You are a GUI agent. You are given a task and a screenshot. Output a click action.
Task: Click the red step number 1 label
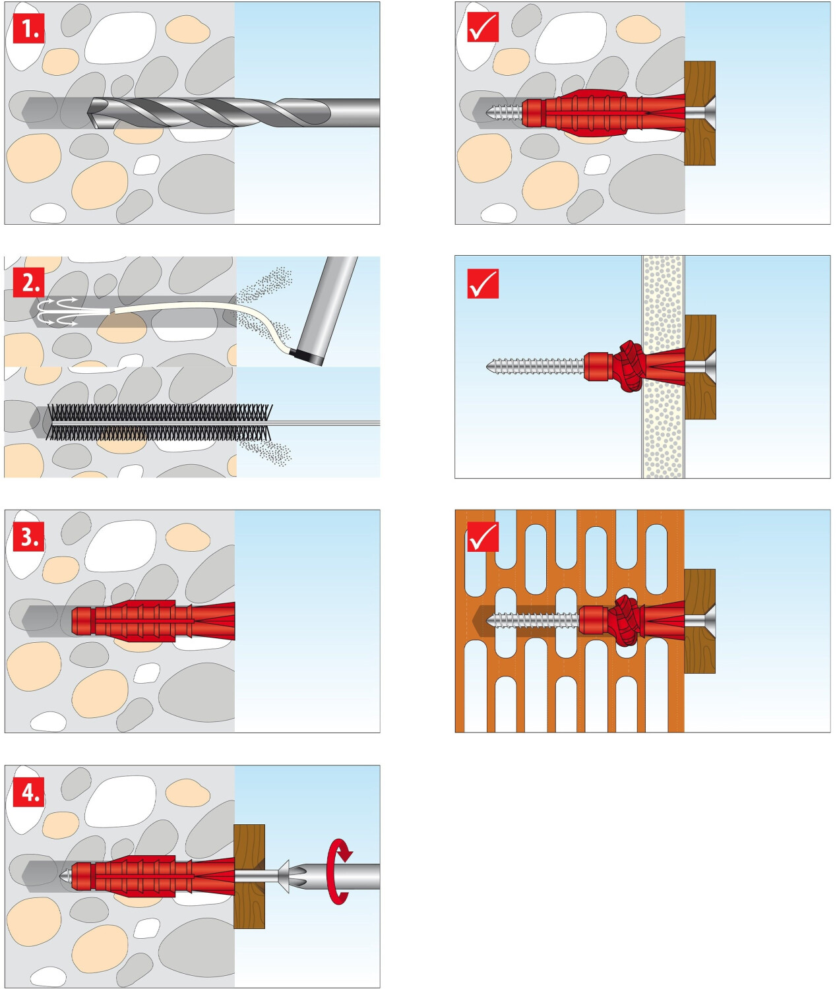(x=29, y=28)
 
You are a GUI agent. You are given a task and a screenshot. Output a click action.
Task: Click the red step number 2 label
(x=29, y=282)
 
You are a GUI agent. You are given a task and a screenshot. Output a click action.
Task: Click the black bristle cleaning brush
(x=158, y=422)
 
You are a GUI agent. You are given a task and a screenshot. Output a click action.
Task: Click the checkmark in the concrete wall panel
(x=483, y=28)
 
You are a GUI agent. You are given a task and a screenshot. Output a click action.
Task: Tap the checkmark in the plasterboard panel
(x=483, y=284)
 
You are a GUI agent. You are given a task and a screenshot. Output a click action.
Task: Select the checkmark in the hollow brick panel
(x=483, y=537)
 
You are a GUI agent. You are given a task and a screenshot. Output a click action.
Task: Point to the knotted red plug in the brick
(x=623, y=620)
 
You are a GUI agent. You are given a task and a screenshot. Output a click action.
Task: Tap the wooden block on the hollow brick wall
(x=700, y=620)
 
